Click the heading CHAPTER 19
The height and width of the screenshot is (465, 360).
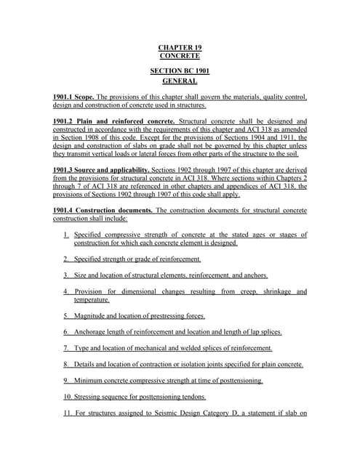coord(180,47)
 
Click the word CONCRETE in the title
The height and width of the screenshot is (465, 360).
coord(180,56)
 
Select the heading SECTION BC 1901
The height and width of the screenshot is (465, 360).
coord(179,70)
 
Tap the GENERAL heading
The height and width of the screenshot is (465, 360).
coord(180,81)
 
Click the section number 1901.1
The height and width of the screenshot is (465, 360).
coord(65,97)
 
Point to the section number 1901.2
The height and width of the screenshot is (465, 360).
coord(65,121)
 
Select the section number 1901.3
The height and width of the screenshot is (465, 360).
coord(65,169)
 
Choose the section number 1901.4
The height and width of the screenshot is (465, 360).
coord(65,210)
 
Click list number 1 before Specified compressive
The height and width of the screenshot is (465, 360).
coord(66,235)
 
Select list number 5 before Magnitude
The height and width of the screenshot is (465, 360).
coord(66,315)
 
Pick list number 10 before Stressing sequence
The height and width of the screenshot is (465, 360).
coord(68,397)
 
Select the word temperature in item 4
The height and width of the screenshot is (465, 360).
coord(92,299)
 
